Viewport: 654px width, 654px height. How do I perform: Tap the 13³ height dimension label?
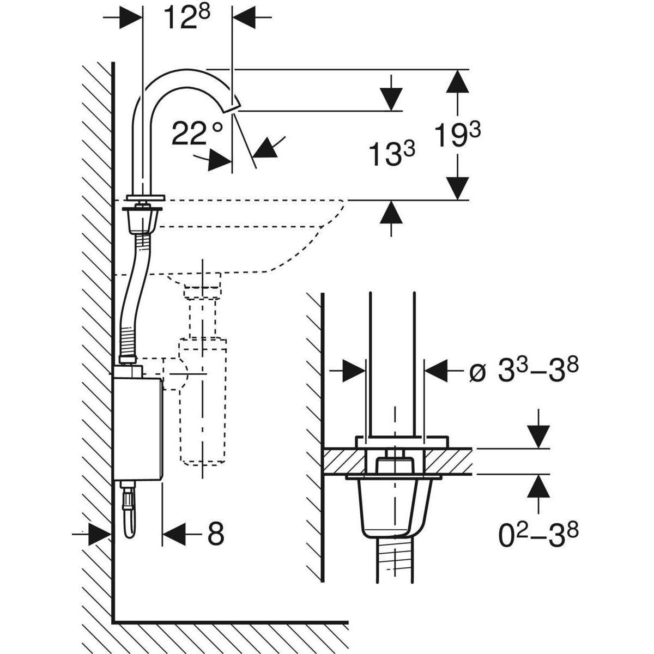point(391,154)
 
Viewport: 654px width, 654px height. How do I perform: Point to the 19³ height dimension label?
point(457,136)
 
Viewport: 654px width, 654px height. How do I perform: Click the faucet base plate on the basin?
point(144,197)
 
